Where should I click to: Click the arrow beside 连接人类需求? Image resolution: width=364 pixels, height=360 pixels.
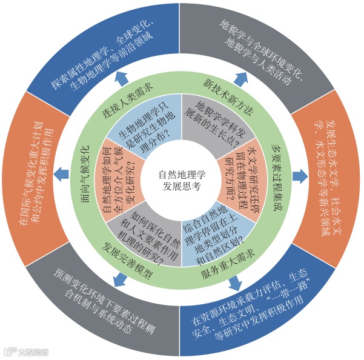coord(124,76)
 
